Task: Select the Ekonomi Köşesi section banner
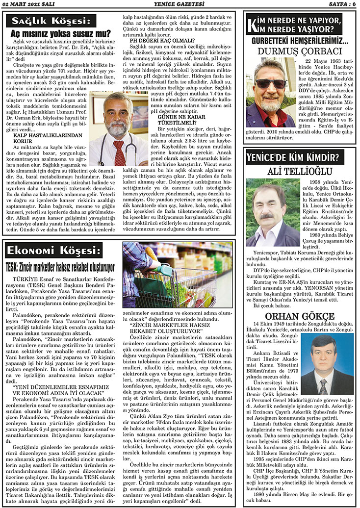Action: pos(54,251)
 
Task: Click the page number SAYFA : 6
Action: pos(339,4)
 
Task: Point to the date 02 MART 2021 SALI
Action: pos(29,4)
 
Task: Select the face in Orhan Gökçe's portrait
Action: pos(323,354)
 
